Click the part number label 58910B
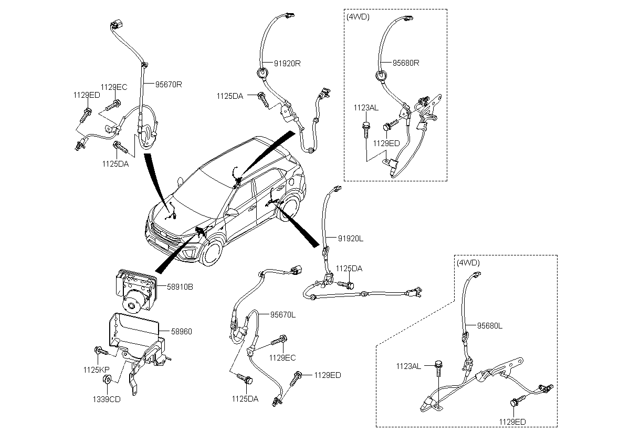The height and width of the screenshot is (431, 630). [180, 288]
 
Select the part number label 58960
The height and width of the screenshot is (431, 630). [182, 331]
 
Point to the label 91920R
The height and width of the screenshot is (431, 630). [287, 63]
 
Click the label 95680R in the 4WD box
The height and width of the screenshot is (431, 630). [406, 63]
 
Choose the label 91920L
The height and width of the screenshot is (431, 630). [351, 238]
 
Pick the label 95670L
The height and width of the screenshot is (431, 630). [283, 315]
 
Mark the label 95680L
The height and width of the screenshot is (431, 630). [490, 325]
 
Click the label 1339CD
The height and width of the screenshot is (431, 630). [107, 399]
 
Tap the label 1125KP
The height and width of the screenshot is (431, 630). [96, 370]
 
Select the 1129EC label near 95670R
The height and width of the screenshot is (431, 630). [114, 87]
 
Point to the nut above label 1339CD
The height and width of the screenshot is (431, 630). [107, 380]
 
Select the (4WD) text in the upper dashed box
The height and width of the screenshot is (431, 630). [359, 16]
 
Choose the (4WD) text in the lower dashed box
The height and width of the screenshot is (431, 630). [468, 262]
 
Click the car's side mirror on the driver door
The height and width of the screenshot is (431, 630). [232, 214]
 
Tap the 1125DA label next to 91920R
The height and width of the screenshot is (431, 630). [229, 96]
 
